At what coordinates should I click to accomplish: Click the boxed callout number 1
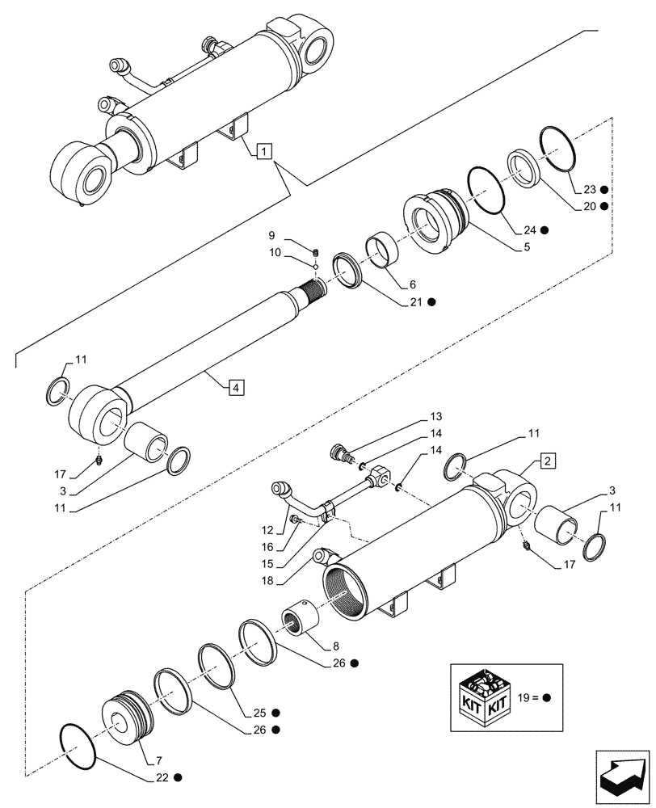266,150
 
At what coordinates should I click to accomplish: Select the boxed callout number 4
233,389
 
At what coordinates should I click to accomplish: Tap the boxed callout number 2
547,461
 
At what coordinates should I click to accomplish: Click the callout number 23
590,190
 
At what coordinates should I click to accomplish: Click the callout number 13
436,416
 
